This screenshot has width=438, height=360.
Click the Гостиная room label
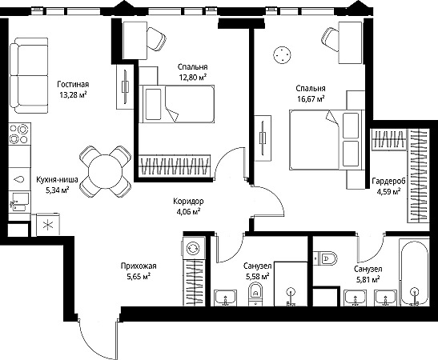pyautogui.click(x=73, y=84)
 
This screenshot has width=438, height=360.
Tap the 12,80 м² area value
pyautogui.click(x=193, y=77)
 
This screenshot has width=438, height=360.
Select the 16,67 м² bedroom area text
pyautogui.click(x=311, y=98)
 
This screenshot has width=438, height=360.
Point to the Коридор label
pyautogui.click(x=188, y=202)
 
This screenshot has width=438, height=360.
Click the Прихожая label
pyautogui.click(x=139, y=266)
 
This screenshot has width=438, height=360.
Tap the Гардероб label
pyautogui.click(x=389, y=181)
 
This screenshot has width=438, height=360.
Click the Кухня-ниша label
pyautogui.click(x=58, y=180)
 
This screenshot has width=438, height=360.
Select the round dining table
pyautogui.click(x=106, y=171)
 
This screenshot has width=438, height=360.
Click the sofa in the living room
pyautogui.click(x=29, y=76)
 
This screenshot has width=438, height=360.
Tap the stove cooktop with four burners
pyautogui.click(x=19, y=134)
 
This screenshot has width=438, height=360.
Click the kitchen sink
pyautogui.click(x=19, y=202)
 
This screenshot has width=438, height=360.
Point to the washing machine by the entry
pyautogui.click(x=193, y=248)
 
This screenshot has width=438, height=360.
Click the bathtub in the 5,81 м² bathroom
pyautogui.click(x=414, y=272)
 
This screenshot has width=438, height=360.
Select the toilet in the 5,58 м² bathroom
pyautogui.click(x=255, y=294)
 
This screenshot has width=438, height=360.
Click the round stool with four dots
pyautogui.click(x=283, y=55)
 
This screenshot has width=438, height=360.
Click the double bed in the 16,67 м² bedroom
pyautogui.click(x=327, y=139)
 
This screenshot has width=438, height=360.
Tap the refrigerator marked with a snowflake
pyautogui.click(x=48, y=224)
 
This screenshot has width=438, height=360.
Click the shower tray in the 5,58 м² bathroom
pyautogui.click(x=291, y=284)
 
